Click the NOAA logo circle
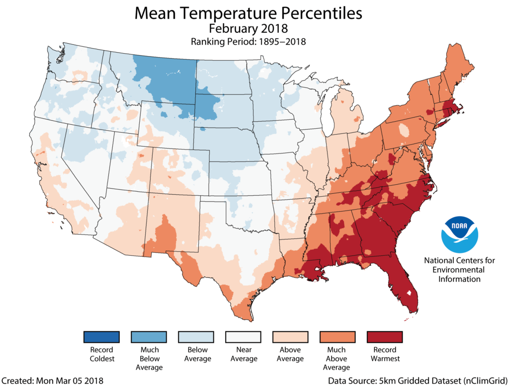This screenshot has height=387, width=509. pos(459,234)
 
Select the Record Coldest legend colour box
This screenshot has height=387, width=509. pos(101,337)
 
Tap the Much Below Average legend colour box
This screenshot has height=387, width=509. pos(149,337)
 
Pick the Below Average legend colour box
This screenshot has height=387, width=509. pos(197,337)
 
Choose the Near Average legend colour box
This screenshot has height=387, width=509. pos(244,337)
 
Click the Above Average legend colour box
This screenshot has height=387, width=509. pos(290,337)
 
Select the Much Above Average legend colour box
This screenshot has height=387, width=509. pos(337,337)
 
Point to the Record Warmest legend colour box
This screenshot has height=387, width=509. pos(384,337)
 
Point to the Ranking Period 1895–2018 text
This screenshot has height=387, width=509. pos(248,42)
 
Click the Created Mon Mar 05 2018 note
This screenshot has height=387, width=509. pos(52,381)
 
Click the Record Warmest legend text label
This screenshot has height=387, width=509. pos(384,354)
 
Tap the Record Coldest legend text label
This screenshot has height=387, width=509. pos(101,354)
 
